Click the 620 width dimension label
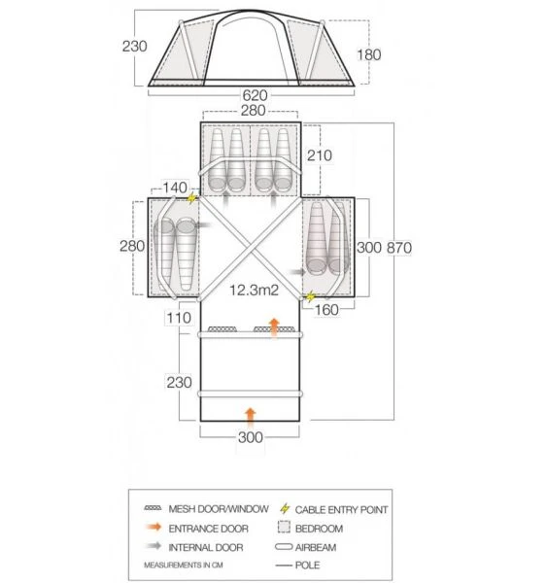point(256,97)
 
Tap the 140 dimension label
point(175,187)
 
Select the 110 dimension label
point(178,318)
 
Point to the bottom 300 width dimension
point(251,436)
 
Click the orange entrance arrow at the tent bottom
point(251,414)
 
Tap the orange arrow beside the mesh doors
point(274,325)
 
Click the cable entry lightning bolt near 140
point(192,197)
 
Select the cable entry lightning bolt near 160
point(311,297)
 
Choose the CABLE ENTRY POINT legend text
point(348,509)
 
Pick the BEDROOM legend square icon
point(285,529)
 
